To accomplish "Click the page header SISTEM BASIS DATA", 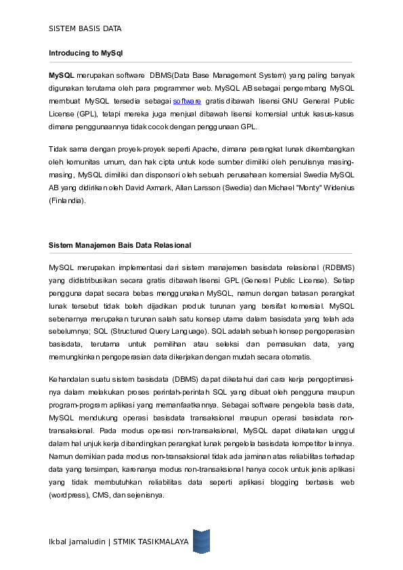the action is pyautogui.click(x=85, y=28).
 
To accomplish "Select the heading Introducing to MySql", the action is pyautogui.click(x=85, y=52).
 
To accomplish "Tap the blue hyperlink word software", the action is pyautogui.click(x=187, y=100).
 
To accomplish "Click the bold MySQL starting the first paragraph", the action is pyautogui.click(x=61, y=74).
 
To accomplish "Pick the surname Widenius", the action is pyautogui.click(x=334, y=188).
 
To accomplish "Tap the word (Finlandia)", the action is pyautogui.click(x=67, y=200).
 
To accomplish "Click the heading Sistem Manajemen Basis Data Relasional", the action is pyautogui.click(x=119, y=244).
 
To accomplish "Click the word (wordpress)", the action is pyautogui.click(x=68, y=495).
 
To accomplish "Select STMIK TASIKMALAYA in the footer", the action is pyautogui.click(x=150, y=542).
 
